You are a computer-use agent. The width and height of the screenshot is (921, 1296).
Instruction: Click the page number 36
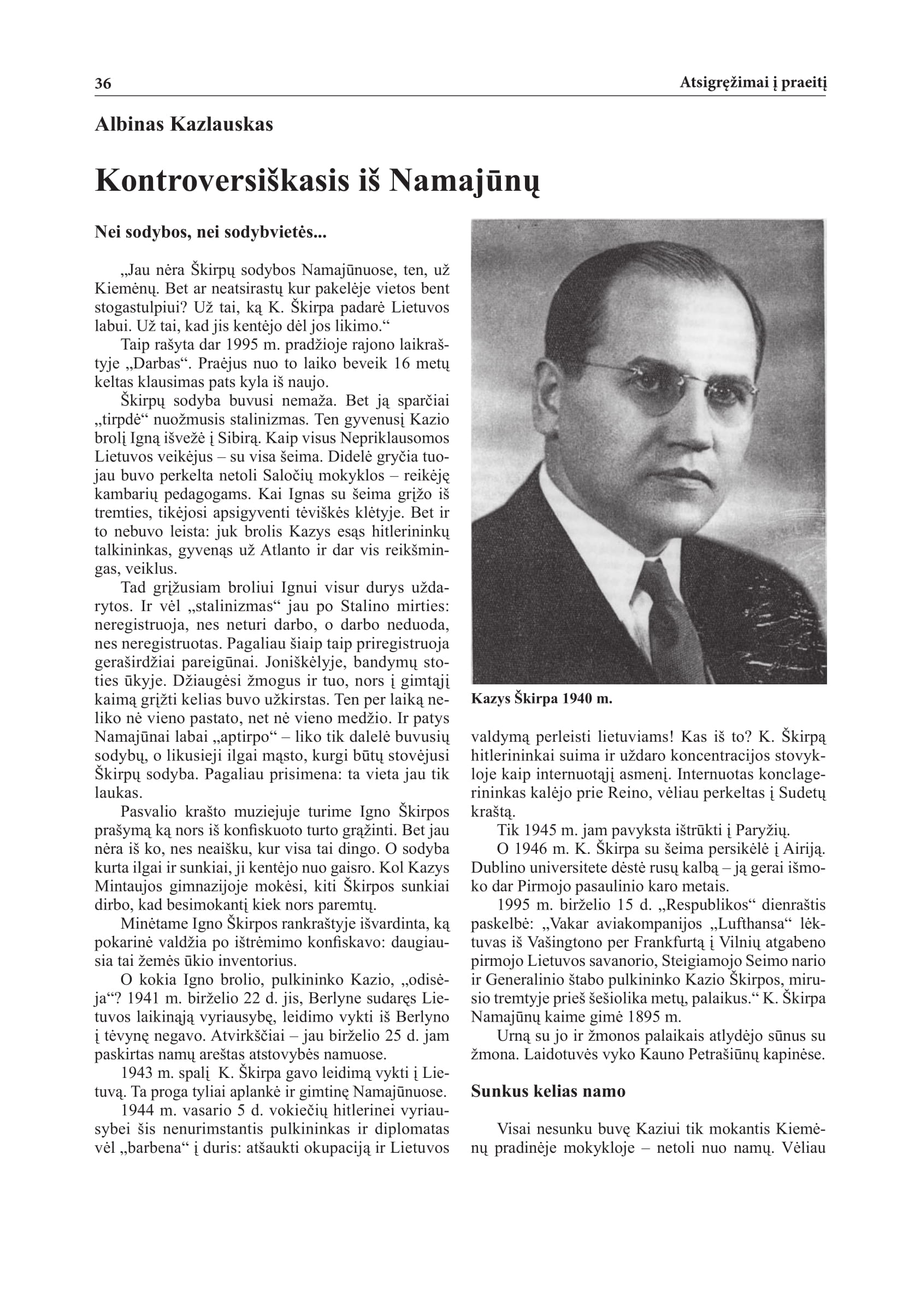(x=103, y=84)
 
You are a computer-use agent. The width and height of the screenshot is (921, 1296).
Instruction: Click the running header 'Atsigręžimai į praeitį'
(x=753, y=84)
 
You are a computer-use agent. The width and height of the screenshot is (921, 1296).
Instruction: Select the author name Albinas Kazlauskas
(x=184, y=124)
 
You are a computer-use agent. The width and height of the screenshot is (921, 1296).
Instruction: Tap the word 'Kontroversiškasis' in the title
(x=222, y=181)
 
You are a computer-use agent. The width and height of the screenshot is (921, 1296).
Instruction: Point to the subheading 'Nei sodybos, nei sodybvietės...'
(x=210, y=233)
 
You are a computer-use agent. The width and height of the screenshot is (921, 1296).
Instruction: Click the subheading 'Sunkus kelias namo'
(x=548, y=1091)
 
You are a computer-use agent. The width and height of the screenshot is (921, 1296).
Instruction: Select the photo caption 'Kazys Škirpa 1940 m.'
(x=541, y=699)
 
